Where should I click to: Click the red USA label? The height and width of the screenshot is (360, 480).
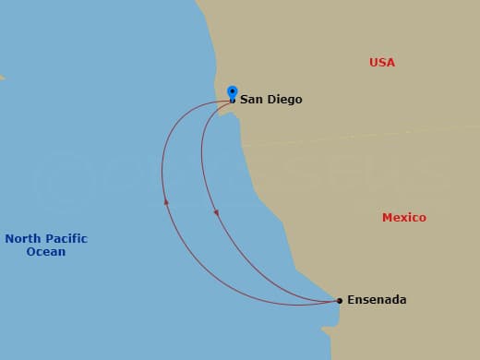pyautogui.click(x=381, y=63)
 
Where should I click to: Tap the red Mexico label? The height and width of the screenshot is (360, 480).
pyautogui.click(x=403, y=218)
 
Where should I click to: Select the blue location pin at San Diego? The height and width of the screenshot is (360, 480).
pyautogui.click(x=233, y=92)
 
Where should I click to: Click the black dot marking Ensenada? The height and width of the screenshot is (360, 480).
pyautogui.click(x=339, y=300)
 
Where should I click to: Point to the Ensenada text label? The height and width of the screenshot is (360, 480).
pyautogui.click(x=377, y=300)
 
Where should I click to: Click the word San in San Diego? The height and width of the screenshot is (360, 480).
pyautogui.click(x=251, y=100)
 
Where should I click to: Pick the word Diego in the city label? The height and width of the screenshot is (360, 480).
pyautogui.click(x=284, y=100)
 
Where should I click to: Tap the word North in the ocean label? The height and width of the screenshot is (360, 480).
pyautogui.click(x=22, y=238)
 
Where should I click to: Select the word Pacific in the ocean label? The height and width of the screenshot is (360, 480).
pyautogui.click(x=66, y=238)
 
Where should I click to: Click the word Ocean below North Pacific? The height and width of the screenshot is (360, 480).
pyautogui.click(x=46, y=252)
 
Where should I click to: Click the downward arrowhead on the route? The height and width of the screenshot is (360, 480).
pyautogui.click(x=216, y=214)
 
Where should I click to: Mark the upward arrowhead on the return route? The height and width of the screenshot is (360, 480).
pyautogui.click(x=166, y=200)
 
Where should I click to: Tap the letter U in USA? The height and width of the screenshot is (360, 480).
pyautogui.click(x=374, y=63)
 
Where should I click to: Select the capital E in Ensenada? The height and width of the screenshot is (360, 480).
pyautogui.click(x=351, y=300)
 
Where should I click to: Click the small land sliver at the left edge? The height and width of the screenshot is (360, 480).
pyautogui.click(x=2, y=77)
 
